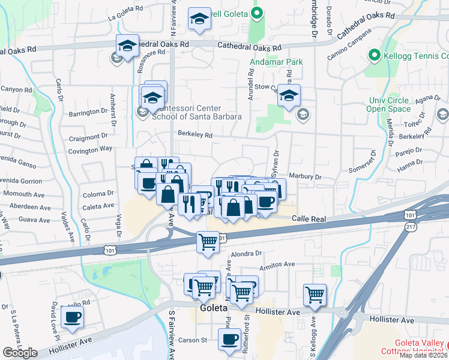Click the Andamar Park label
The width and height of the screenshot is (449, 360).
tap(277, 62)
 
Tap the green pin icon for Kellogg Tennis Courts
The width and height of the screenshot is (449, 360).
tap(374, 57)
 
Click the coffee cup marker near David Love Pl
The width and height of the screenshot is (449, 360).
tap(73, 317)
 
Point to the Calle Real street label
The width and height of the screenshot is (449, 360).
tap(309, 220)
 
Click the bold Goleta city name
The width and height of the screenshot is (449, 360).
tap(213, 308)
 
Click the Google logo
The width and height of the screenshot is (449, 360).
tap(20, 353)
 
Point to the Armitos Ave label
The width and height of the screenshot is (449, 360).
tap(277, 264)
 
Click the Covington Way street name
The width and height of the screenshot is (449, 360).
tap(90, 148)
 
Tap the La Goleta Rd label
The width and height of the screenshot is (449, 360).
tap(127, 18)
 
